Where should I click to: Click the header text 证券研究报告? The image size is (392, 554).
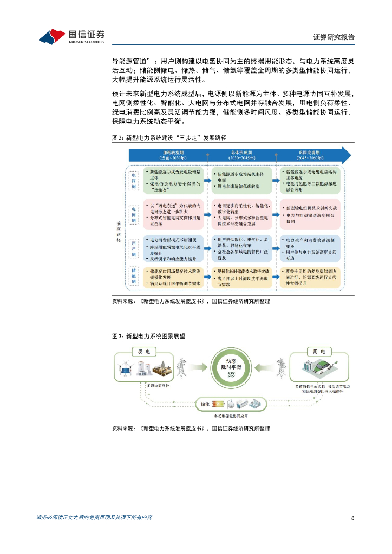pyautogui.click(x=334, y=37)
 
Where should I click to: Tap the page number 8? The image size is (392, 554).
pyautogui.click(x=352, y=518)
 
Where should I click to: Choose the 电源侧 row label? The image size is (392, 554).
pyautogui.click(x=133, y=180)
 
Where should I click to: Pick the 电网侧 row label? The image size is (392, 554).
pyautogui.click(x=133, y=214)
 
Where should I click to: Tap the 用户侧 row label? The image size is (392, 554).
pyautogui.click(x=133, y=247)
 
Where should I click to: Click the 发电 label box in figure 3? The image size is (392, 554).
pyautogui.click(x=144, y=352)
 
